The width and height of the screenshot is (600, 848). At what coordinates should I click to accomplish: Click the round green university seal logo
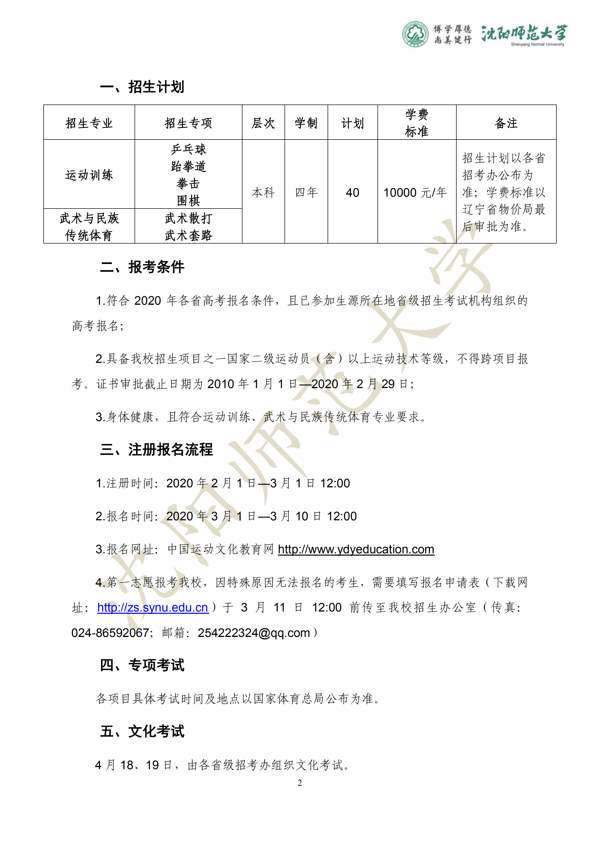pyautogui.click(x=416, y=34)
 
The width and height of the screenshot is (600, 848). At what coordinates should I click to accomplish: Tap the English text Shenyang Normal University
pyautogui.click(x=537, y=45)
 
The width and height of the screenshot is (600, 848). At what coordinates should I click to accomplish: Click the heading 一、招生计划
pyautogui.click(x=142, y=87)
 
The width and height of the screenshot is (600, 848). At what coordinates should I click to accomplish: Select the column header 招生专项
pyautogui.click(x=188, y=123)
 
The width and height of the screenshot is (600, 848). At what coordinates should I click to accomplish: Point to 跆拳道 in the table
pyautogui.click(x=188, y=166)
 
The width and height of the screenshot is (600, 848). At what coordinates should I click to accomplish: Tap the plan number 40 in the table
pyautogui.click(x=353, y=192)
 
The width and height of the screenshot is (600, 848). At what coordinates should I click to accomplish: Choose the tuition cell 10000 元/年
pyautogui.click(x=415, y=192)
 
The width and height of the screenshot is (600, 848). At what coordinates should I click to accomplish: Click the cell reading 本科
pyautogui.click(x=263, y=192)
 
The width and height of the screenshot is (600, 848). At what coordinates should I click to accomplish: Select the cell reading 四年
pyautogui.click(x=306, y=192)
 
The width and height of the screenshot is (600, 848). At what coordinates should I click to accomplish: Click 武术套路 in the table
pyautogui.click(x=188, y=235)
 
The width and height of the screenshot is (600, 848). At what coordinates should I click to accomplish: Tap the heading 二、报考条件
pyautogui.click(x=142, y=267)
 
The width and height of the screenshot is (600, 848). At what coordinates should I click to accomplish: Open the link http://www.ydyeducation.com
pyautogui.click(x=356, y=550)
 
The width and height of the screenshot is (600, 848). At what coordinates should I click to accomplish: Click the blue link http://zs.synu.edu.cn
pyautogui.click(x=153, y=607)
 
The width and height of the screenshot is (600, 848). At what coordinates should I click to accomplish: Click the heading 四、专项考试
pyautogui.click(x=142, y=665)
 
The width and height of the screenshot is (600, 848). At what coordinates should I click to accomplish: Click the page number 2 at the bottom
pyautogui.click(x=300, y=783)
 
